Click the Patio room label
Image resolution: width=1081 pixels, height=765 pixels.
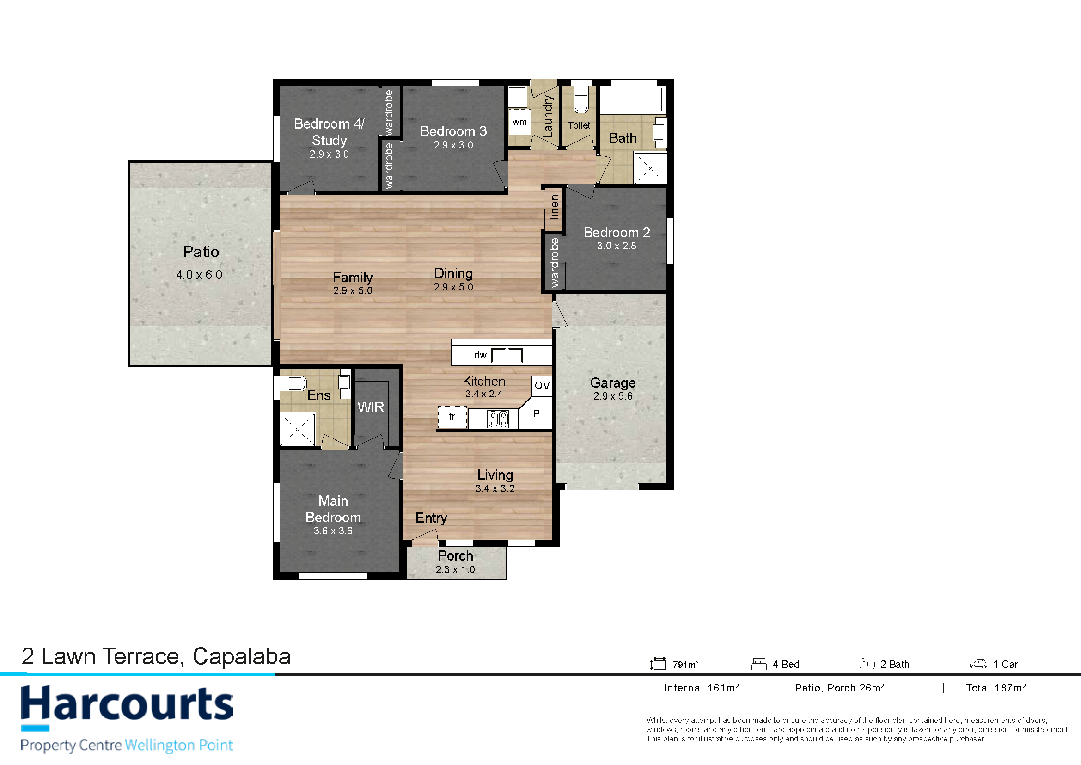201,252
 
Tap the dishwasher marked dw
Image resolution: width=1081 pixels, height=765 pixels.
480,355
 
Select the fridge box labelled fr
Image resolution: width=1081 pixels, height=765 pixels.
452,417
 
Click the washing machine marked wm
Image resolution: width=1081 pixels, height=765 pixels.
519,122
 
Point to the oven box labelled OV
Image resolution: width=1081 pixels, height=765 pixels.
542,386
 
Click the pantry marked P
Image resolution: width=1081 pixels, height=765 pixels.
536,413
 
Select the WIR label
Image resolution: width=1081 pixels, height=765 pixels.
371,407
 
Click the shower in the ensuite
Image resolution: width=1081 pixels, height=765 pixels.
298,429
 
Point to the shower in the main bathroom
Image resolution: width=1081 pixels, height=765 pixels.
650,168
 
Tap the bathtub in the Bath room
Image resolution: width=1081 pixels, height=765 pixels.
633,99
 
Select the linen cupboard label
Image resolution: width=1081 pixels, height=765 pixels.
554,207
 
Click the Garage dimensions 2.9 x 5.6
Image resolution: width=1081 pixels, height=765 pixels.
612,396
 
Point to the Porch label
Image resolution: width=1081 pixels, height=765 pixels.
455,556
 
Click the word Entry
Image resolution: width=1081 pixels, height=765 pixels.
431,518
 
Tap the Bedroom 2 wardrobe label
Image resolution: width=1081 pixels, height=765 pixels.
554,263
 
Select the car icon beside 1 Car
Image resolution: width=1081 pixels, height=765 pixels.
978,664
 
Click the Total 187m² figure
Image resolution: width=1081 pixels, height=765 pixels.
996,688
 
